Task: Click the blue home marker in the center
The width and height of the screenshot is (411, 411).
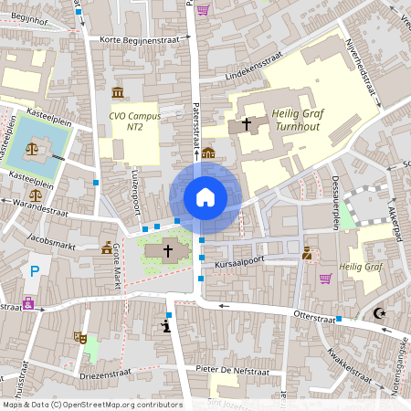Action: click(x=205, y=197)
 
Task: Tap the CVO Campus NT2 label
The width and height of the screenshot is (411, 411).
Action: click(x=134, y=121)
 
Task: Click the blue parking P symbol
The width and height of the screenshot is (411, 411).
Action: click(x=35, y=270)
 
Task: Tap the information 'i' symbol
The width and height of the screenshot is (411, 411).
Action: click(x=165, y=325)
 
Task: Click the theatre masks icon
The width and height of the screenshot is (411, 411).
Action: click(x=80, y=337)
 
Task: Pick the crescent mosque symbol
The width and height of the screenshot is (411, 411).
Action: click(x=380, y=314)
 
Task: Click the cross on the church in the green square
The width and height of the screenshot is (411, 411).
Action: click(x=167, y=249)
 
